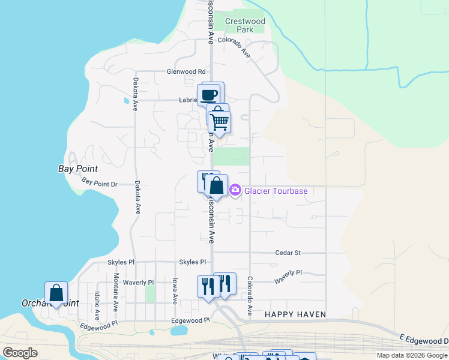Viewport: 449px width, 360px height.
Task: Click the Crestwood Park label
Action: [x=245, y=25]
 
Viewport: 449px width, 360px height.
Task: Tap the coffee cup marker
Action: [x=209, y=95]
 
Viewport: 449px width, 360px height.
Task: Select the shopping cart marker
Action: [x=220, y=122]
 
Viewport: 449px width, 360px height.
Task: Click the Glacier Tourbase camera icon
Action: [x=235, y=191]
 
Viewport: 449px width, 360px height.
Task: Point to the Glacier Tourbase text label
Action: [x=276, y=191]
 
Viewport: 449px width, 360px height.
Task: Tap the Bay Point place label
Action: [x=78, y=169]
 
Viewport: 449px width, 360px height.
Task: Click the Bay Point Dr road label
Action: [x=99, y=182]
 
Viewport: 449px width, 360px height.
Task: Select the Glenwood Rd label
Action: [x=186, y=71]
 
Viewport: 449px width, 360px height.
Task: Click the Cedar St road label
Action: [x=288, y=253]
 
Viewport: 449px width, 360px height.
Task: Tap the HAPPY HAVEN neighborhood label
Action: [x=295, y=314]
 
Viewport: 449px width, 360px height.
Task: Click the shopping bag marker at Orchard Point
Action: [x=56, y=293]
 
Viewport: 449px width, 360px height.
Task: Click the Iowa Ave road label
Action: [x=175, y=290]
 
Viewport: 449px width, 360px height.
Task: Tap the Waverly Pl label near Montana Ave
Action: [x=139, y=282]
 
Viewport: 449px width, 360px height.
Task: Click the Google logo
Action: [x=20, y=353]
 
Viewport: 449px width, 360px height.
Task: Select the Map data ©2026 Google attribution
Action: [x=412, y=355]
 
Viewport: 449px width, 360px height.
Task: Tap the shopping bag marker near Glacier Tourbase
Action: [x=217, y=186]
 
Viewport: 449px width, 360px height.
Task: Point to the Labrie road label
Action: [x=188, y=100]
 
